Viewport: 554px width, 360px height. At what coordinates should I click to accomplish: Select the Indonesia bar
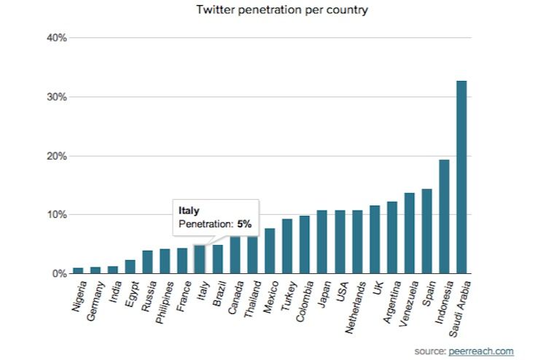pyautogui.click(x=444, y=216)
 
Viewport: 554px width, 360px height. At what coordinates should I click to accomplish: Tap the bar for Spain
pyautogui.click(x=426, y=231)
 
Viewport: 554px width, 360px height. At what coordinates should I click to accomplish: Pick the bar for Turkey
pyautogui.click(x=287, y=246)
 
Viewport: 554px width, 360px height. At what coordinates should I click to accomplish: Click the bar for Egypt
pyautogui.click(x=130, y=267)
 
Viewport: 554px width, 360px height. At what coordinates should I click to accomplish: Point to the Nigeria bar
pyautogui.click(x=78, y=270)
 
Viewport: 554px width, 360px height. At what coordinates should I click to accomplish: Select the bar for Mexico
pyautogui.click(x=270, y=251)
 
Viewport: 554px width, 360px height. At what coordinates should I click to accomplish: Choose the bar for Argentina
pyautogui.click(x=391, y=238)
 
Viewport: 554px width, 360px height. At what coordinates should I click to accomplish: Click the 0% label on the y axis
pyautogui.click(x=60, y=274)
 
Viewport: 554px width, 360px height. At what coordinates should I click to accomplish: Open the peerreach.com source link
pyautogui.click(x=481, y=351)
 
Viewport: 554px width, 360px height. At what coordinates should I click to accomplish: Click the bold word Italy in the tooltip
pyautogui.click(x=189, y=210)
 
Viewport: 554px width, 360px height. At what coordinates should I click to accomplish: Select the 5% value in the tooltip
pyautogui.click(x=243, y=224)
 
